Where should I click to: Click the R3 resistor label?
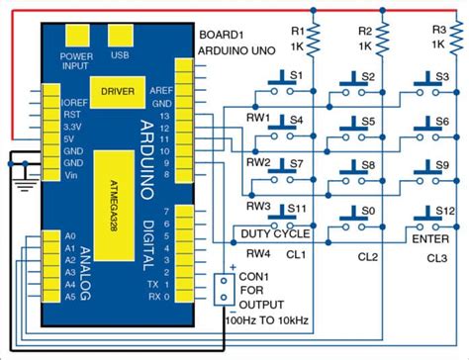438,30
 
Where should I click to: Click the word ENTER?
432,237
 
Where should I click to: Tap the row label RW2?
259,162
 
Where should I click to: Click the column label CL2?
368,256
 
